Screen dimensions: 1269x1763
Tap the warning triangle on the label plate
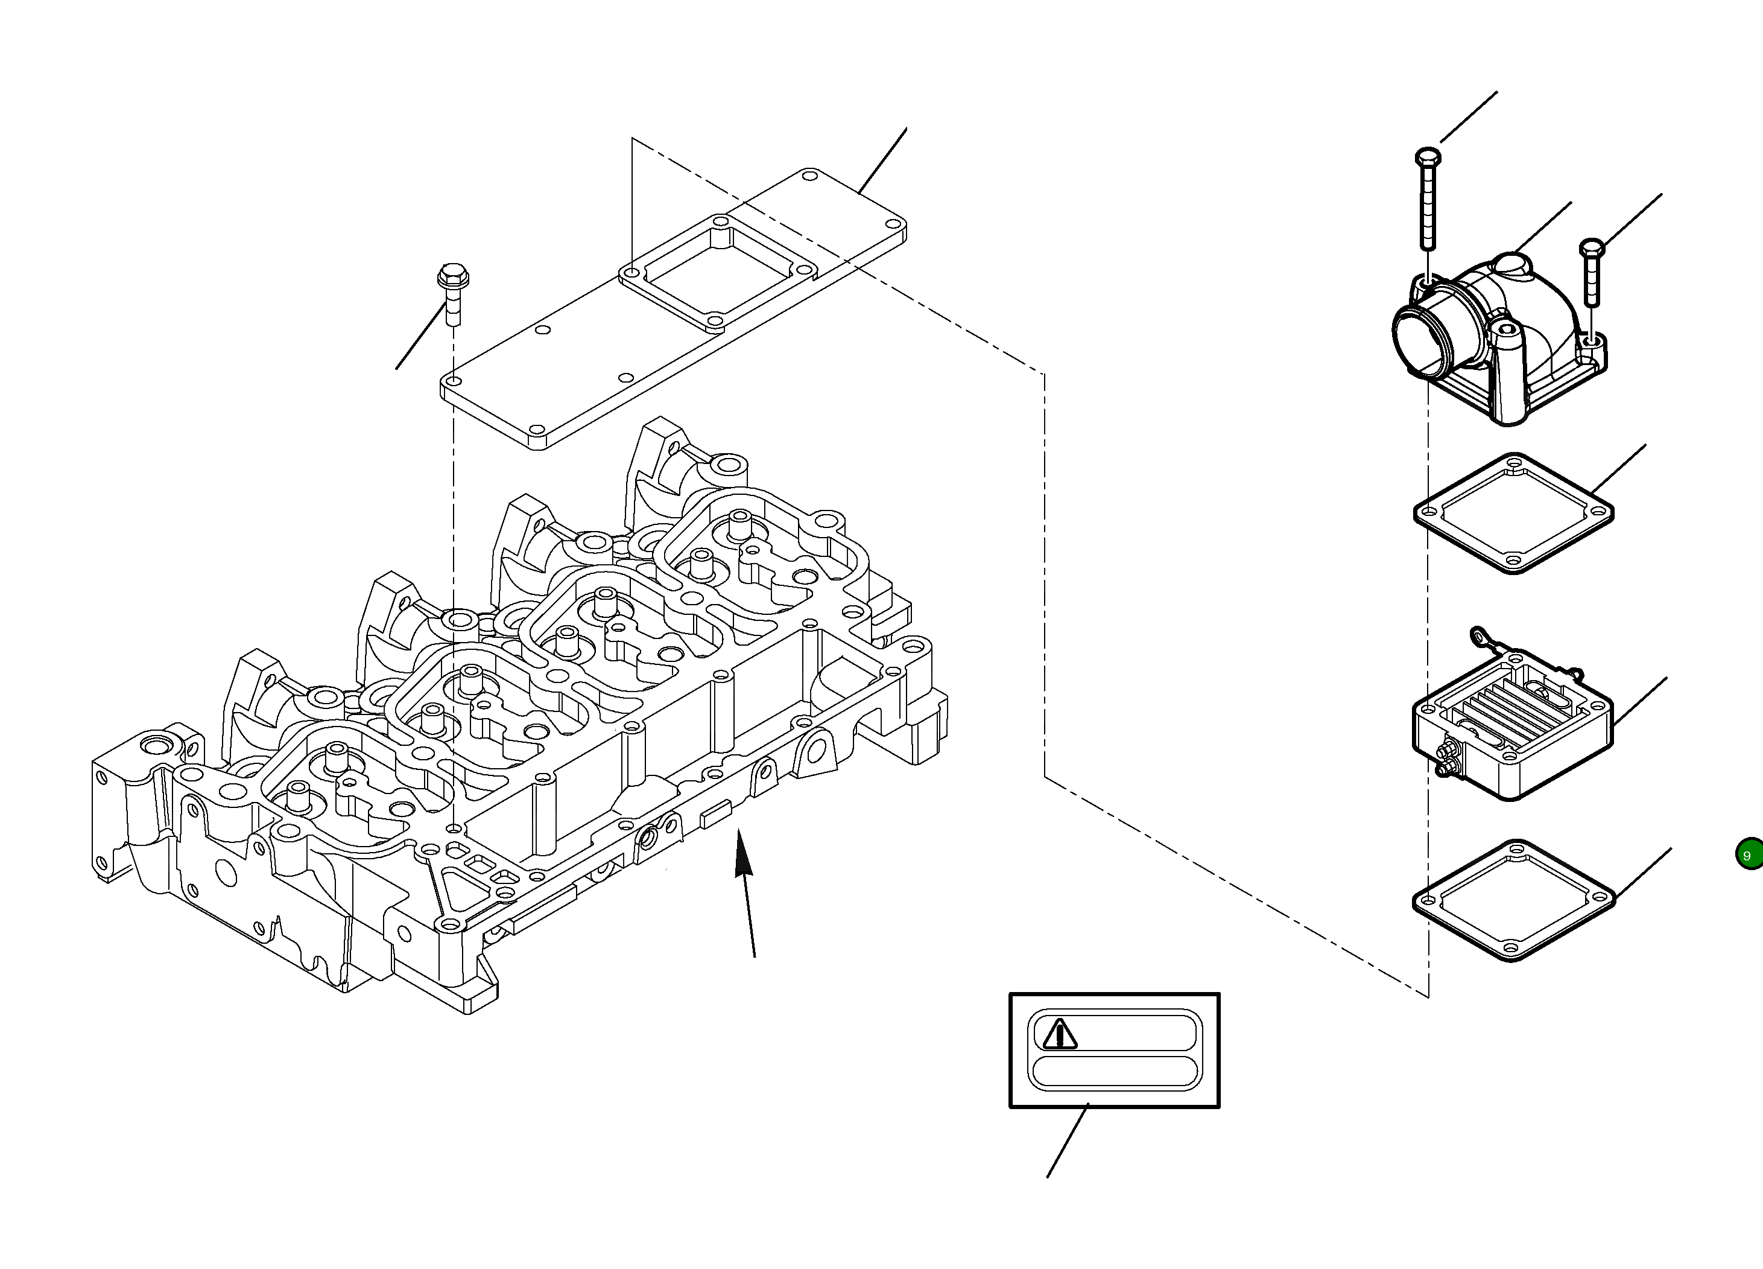click(1060, 1035)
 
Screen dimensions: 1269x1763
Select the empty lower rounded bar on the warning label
click(1115, 1072)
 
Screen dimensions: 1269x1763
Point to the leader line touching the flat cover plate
click(883, 160)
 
